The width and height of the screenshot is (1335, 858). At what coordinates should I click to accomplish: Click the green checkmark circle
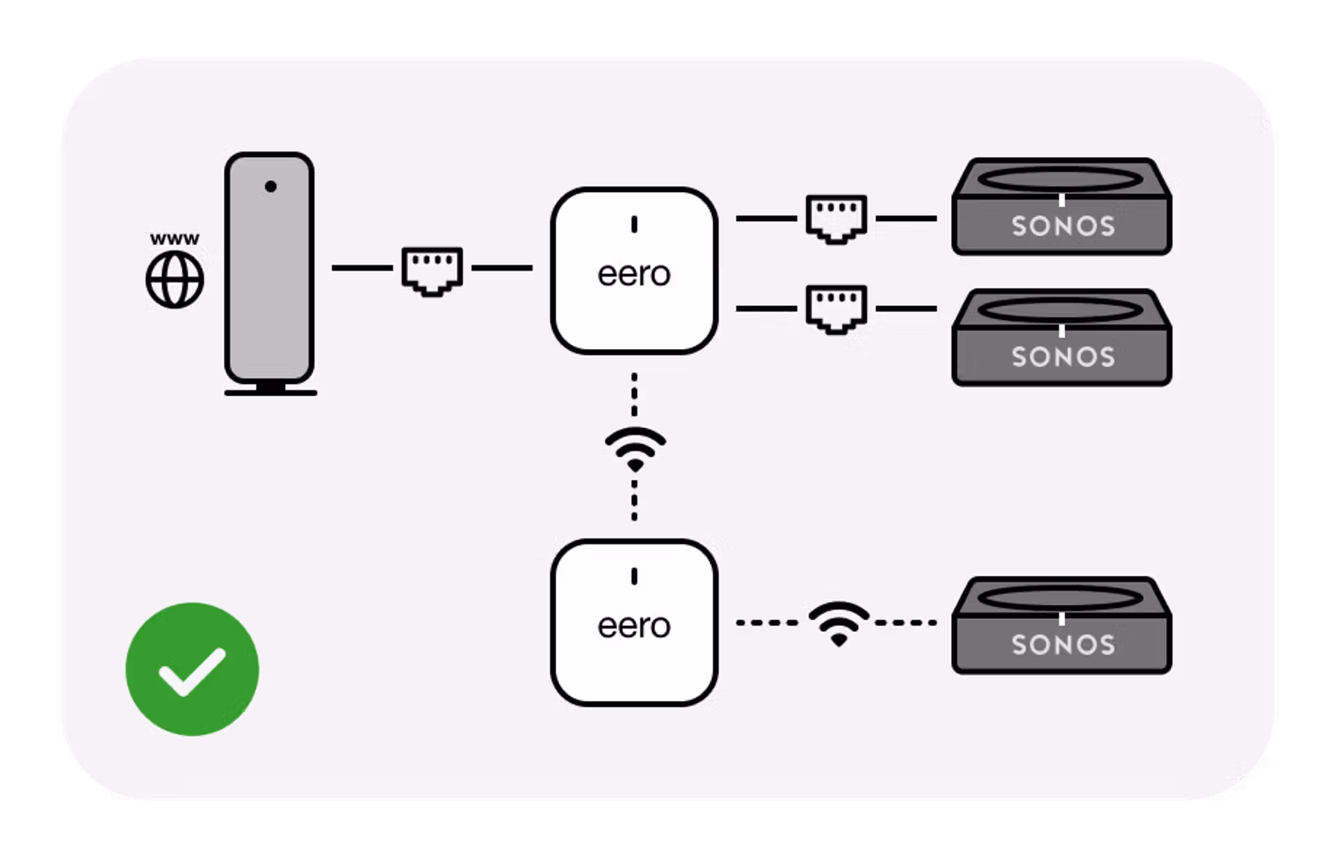pos(192,669)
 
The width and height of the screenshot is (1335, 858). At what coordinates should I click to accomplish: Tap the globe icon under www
pos(175,280)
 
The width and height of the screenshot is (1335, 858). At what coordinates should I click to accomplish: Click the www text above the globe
pos(175,239)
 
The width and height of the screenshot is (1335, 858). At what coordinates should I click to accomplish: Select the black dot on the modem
pos(270,186)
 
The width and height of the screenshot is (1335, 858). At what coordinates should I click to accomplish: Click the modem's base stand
pos(270,391)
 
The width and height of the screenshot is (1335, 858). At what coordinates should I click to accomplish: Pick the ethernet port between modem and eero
pos(432,270)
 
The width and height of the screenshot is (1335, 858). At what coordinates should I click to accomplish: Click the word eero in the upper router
pos(633,274)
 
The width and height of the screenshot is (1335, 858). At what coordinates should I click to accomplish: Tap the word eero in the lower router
pos(633,626)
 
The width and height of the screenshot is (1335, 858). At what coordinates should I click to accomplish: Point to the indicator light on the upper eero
pos(634,224)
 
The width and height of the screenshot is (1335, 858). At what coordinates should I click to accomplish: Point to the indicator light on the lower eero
pos(634,576)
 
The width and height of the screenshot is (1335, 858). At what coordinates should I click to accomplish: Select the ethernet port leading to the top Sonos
pos(836,218)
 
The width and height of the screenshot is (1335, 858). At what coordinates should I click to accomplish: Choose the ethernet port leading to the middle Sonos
pos(836,308)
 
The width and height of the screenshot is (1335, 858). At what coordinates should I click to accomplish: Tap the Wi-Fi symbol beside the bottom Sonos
pos(839,623)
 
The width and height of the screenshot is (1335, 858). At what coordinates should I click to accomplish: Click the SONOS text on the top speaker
pos(1062,226)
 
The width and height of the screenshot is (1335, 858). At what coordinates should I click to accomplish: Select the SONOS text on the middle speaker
pos(1062,357)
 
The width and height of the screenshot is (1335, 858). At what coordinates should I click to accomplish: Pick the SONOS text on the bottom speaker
pos(1062,645)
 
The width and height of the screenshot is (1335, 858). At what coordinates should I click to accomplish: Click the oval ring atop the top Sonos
pos(1060,179)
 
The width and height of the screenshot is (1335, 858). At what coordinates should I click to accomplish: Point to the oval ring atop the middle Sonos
pos(1060,310)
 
